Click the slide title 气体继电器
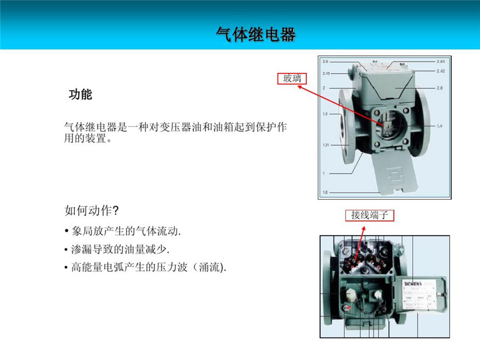click(x=255, y=34)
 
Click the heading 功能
click(x=80, y=95)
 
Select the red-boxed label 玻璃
click(x=292, y=78)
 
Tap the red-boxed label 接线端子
click(x=370, y=215)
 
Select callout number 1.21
click(x=326, y=145)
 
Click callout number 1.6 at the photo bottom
click(x=325, y=192)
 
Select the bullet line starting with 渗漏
click(x=117, y=250)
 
